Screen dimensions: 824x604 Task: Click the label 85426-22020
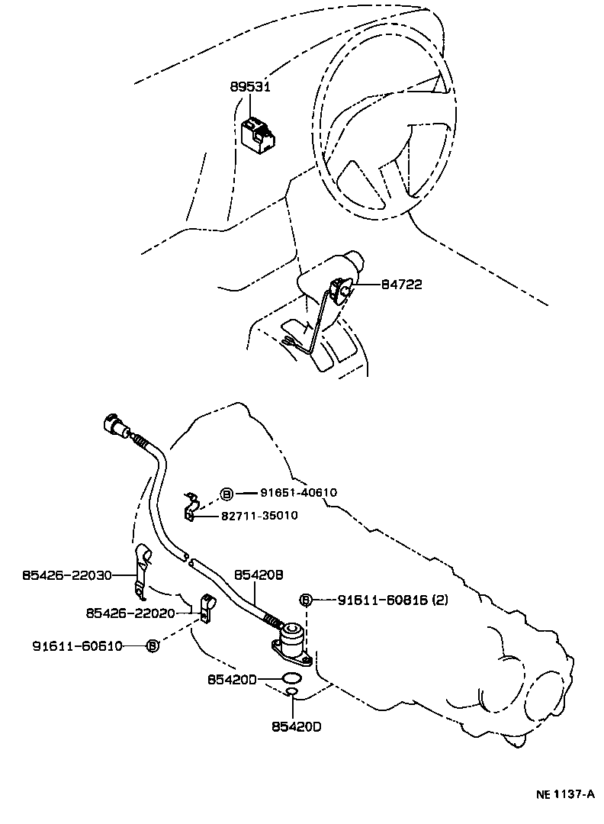point(131,613)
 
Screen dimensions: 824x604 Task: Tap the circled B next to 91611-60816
point(306,600)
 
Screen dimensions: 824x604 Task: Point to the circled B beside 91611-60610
point(153,645)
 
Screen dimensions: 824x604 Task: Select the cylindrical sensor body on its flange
point(293,638)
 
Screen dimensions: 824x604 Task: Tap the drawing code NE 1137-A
point(564,794)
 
